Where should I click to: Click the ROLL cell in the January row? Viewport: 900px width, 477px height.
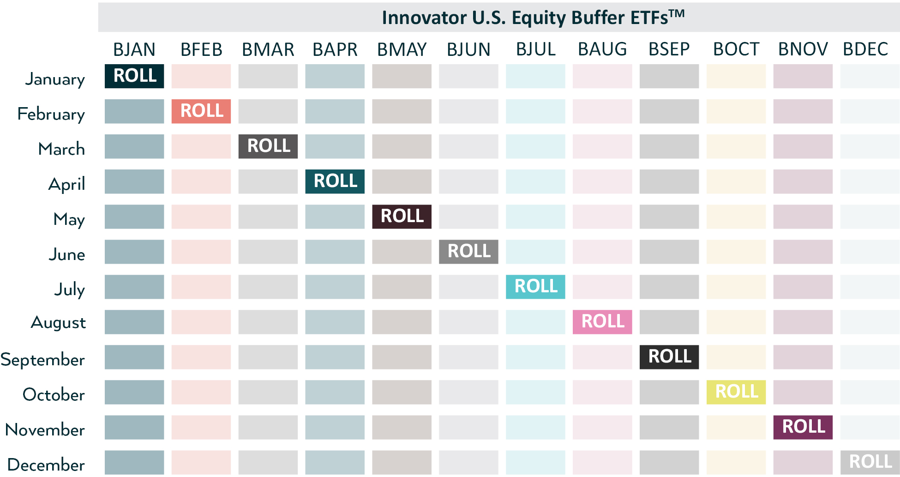134,76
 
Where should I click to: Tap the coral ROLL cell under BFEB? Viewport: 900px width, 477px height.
201,111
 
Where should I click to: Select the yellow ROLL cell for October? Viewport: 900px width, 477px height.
736,392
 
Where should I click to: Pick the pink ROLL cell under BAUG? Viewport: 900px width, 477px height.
602,322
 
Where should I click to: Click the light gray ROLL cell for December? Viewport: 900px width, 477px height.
870,462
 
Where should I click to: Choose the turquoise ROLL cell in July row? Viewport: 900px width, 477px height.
535,287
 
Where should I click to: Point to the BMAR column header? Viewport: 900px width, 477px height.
268,49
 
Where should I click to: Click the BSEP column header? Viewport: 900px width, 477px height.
669,49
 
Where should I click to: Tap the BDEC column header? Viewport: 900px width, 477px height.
865,49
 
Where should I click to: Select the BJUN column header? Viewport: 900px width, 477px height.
468,49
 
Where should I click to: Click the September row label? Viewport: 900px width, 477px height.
42,360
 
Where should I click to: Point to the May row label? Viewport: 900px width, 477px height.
69,219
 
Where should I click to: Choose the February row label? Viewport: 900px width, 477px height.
51,114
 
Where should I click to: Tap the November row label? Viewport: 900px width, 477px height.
45,430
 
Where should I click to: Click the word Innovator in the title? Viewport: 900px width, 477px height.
425,18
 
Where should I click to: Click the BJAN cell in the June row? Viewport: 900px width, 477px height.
134,252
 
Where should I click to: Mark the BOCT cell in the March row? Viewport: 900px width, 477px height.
736,146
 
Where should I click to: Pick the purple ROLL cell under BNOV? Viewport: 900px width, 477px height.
803,427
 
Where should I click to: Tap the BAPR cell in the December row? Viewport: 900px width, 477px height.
335,462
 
